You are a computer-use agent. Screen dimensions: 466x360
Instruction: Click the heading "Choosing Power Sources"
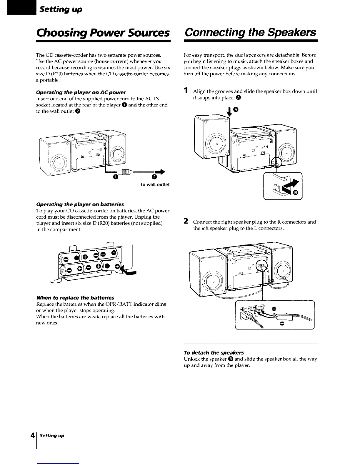click(103, 32)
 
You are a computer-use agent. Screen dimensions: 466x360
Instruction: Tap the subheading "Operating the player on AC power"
click(81, 92)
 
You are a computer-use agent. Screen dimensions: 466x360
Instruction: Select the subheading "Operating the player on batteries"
click(80, 204)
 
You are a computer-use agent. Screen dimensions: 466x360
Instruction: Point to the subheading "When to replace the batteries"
click(75, 297)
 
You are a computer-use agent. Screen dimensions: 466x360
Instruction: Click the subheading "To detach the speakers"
click(214, 352)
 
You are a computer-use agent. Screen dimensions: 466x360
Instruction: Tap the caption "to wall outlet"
click(155, 185)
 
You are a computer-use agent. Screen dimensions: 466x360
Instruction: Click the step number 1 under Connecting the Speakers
click(186, 91)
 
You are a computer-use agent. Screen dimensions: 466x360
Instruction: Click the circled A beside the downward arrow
click(236, 110)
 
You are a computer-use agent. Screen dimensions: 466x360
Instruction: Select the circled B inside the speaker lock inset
click(296, 192)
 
